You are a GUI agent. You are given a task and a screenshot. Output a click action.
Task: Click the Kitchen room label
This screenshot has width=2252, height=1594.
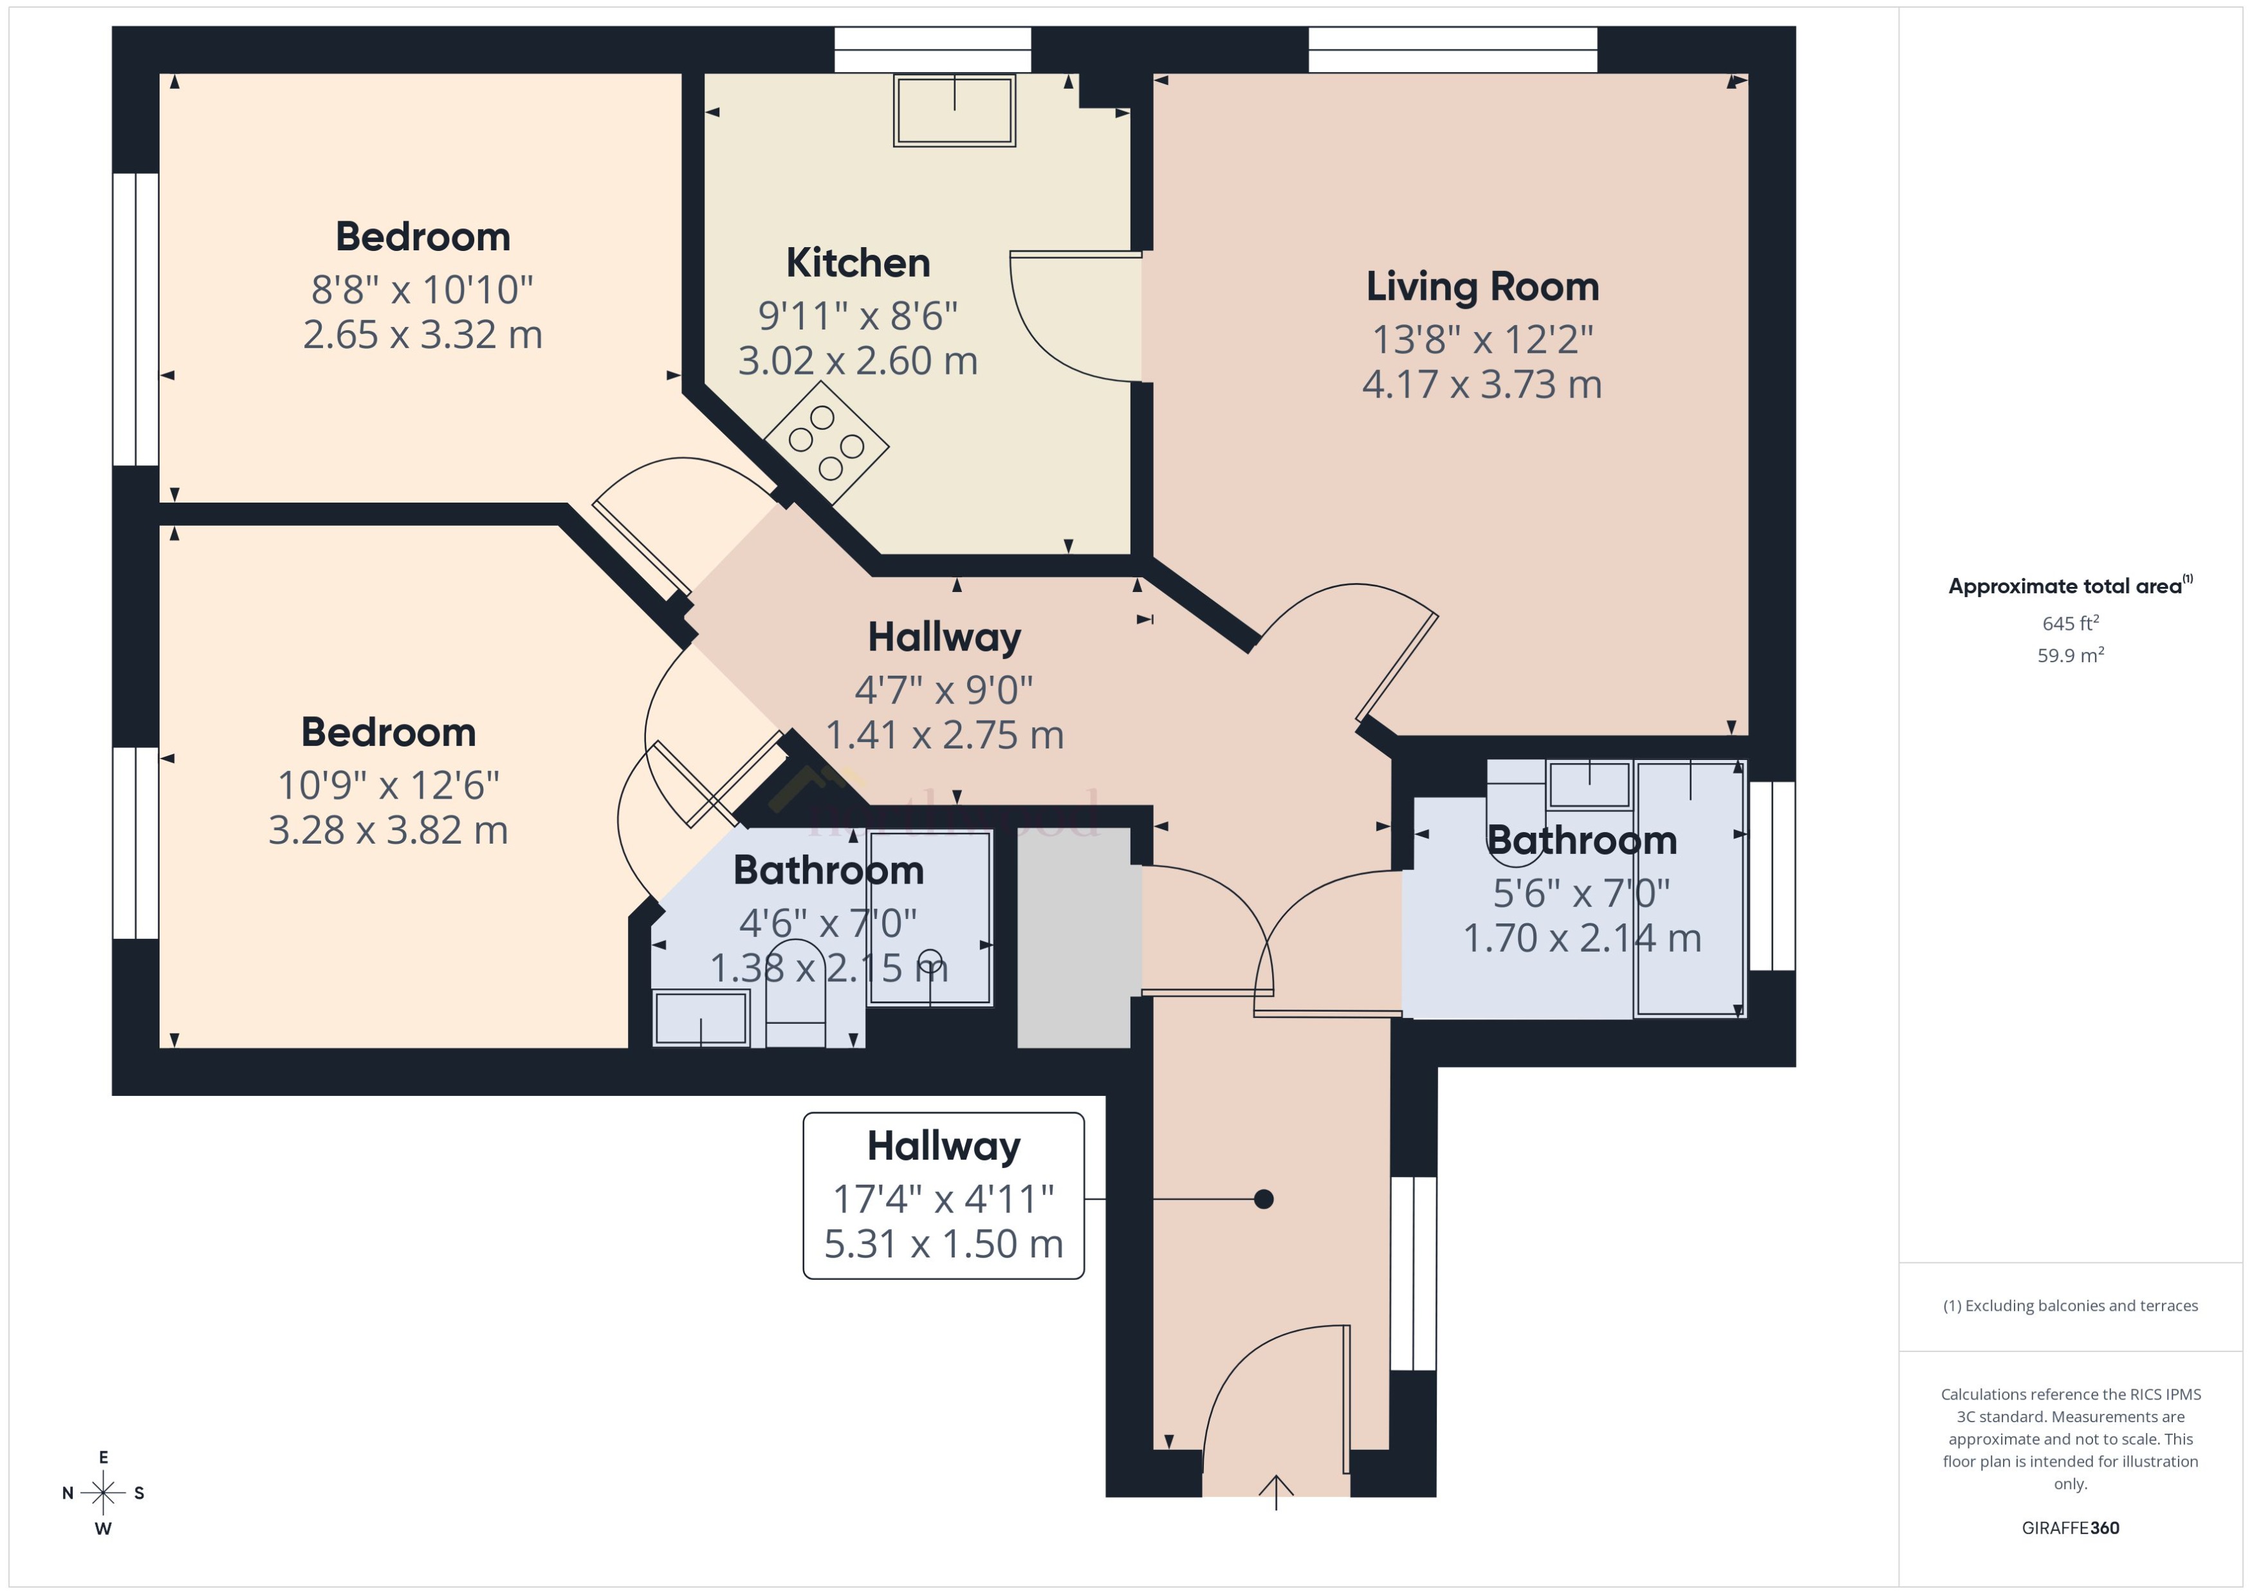[x=858, y=263]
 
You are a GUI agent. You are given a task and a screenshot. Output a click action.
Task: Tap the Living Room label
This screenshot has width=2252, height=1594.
[x=1482, y=286]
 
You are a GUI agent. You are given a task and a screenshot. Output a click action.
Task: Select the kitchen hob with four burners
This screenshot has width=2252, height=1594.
[x=826, y=443]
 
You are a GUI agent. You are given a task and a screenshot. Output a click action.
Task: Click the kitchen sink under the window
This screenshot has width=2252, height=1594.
[x=954, y=111]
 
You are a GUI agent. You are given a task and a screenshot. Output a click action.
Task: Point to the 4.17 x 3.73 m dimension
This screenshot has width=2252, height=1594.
[x=1482, y=385]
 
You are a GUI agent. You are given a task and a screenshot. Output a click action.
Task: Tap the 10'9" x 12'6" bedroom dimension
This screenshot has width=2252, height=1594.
[x=389, y=785]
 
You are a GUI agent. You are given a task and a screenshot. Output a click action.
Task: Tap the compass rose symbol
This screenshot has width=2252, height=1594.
[x=103, y=1493]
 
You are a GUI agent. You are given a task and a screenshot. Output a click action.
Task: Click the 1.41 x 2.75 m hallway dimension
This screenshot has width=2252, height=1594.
[x=944, y=735]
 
